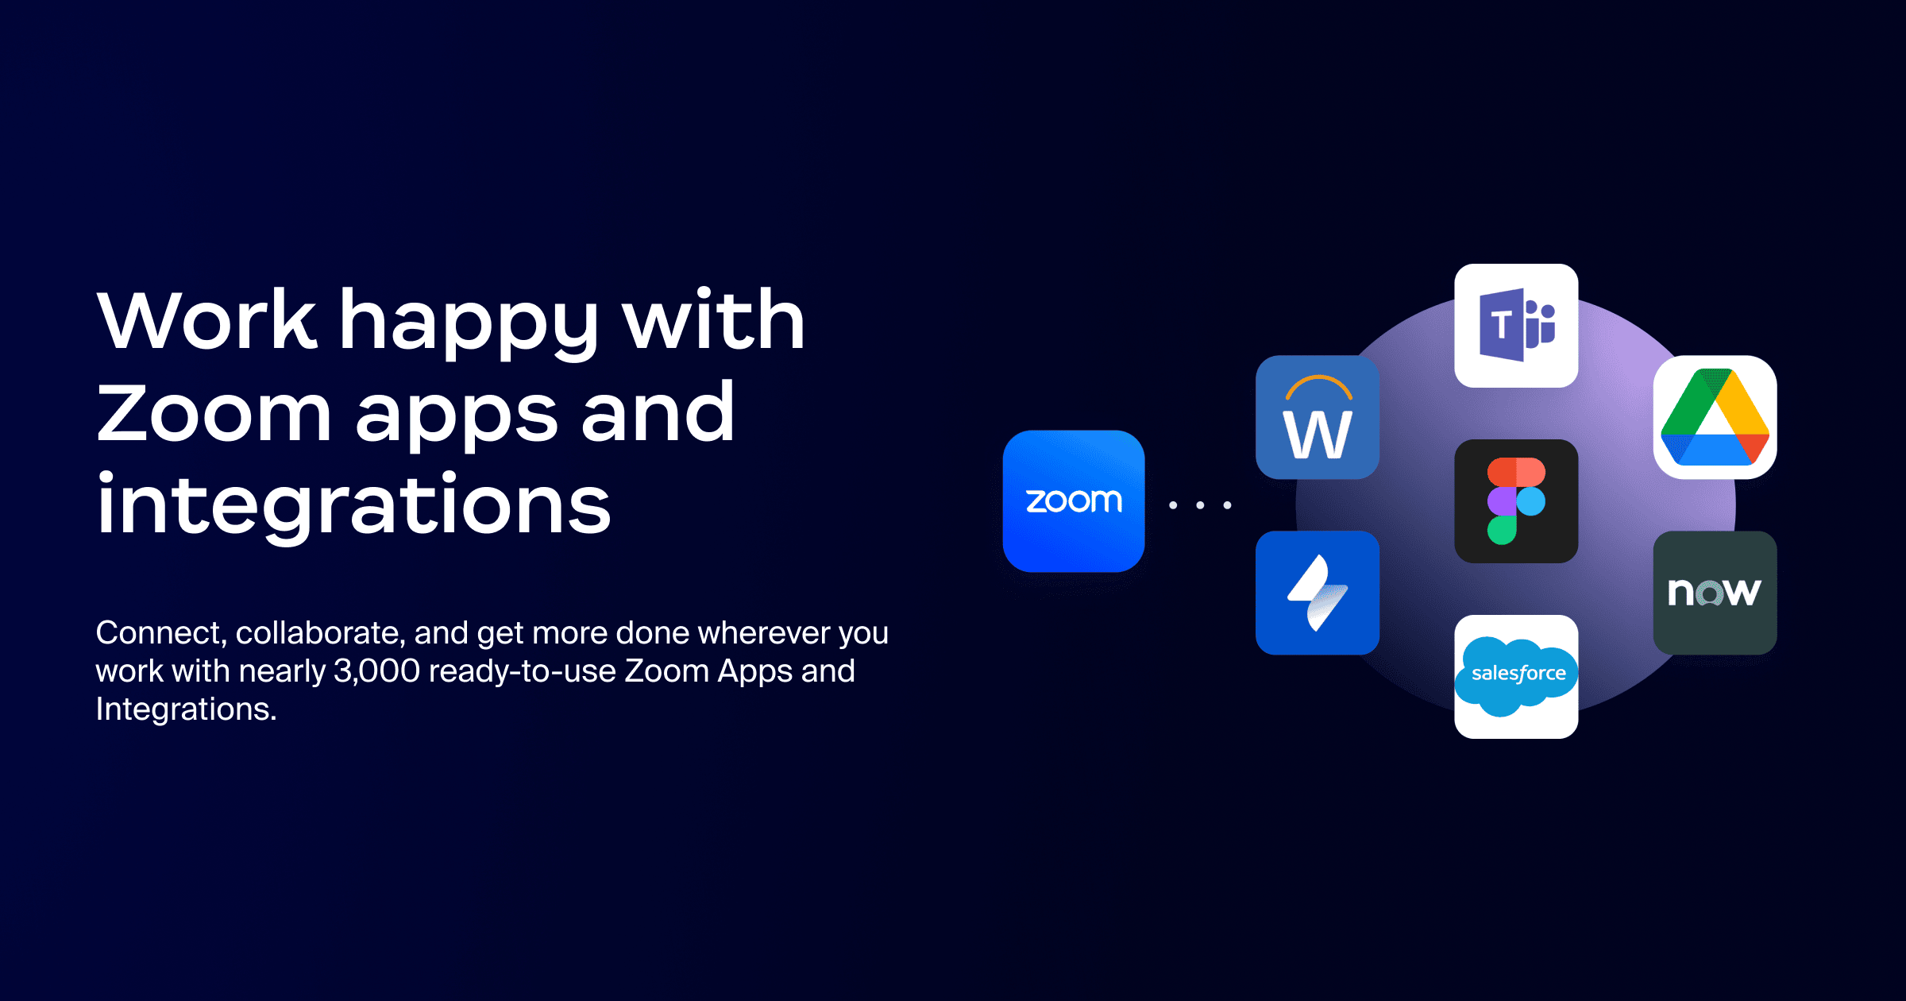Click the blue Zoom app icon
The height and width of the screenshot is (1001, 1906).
[x=1074, y=500]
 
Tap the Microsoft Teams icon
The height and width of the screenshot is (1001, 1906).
[x=1516, y=326]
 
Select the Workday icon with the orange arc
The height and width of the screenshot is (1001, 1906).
[x=1318, y=417]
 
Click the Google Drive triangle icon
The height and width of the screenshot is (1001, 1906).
[x=1715, y=417]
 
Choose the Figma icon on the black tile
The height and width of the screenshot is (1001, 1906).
[x=1516, y=501]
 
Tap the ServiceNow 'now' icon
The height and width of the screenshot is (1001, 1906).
[x=1715, y=593]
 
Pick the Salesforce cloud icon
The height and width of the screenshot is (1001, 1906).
[x=1516, y=677]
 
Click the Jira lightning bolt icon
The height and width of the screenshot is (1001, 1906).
[x=1318, y=593]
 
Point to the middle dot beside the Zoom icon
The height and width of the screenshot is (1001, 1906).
[x=1200, y=504]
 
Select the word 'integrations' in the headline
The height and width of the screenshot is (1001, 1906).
[x=354, y=504]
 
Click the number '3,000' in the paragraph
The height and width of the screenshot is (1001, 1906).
[x=376, y=671]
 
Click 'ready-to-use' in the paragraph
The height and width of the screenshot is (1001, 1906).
[x=522, y=672]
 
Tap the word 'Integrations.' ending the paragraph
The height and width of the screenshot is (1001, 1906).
[x=187, y=709]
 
